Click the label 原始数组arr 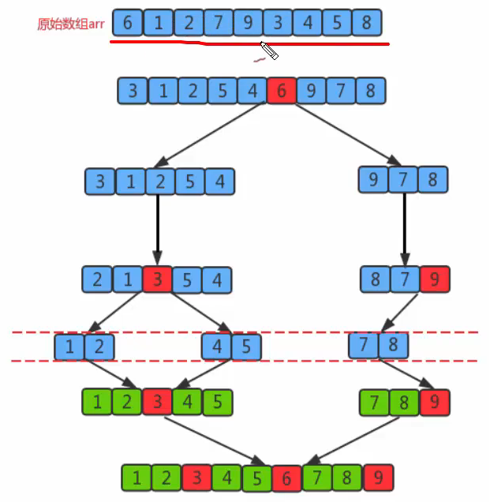coord(70,24)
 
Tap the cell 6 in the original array coord(128,23)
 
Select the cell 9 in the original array coord(248,23)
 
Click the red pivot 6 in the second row coord(281,92)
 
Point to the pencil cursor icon coord(268,51)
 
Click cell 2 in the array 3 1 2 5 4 coord(160,182)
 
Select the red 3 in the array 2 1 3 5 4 coord(157,279)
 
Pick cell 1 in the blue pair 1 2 coord(69,346)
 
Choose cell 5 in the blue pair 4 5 coord(246,346)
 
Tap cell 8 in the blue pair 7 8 coord(394,345)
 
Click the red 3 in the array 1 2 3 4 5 coord(157,402)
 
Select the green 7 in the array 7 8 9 coord(375,402)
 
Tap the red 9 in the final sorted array coord(377,477)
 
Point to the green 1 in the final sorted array coord(137,478)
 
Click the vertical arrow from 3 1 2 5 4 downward coord(158,229)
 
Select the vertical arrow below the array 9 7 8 coord(405,229)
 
